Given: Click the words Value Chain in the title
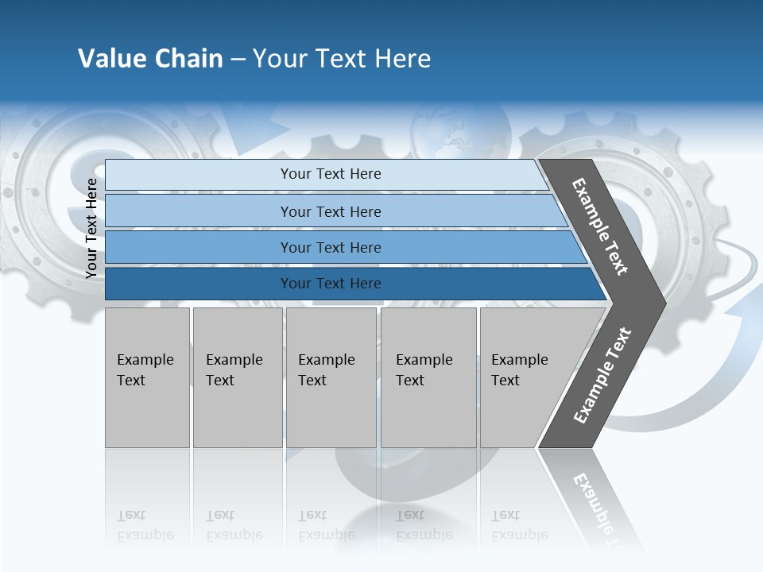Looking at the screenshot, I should point(150,59).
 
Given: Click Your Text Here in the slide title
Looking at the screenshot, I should point(342,59).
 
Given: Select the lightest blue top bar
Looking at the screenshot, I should point(330,174).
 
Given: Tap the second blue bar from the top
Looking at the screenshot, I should point(330,211).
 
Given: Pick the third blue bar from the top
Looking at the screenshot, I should point(330,247).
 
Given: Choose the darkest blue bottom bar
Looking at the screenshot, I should point(330,284).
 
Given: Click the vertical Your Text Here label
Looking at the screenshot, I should point(91,228).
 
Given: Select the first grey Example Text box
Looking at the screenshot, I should point(147,377).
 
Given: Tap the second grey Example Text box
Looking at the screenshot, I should point(237,377).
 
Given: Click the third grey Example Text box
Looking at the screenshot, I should point(330,377).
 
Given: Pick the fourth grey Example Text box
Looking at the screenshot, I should point(428,377).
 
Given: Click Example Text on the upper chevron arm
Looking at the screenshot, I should point(600,226).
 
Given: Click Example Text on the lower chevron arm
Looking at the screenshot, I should point(602,375).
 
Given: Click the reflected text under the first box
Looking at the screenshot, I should point(145,525).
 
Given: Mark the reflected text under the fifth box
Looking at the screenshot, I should point(519,525).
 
